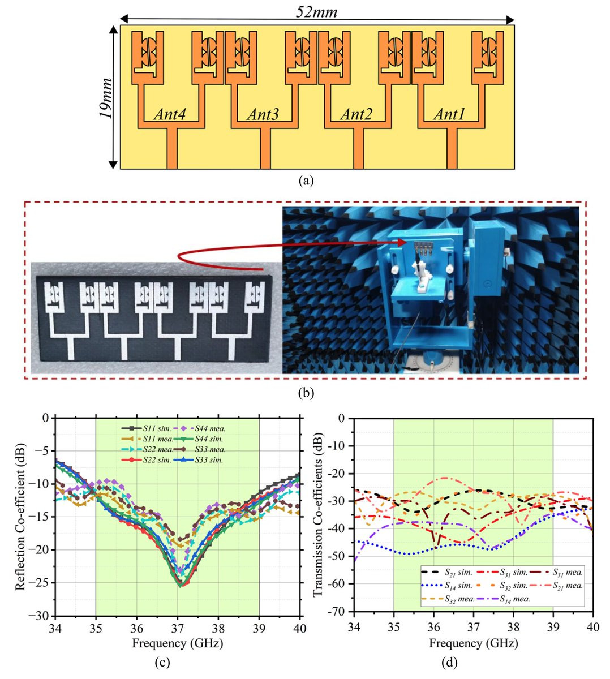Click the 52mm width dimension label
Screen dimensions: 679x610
click(x=316, y=11)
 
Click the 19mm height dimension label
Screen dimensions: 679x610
click(x=105, y=98)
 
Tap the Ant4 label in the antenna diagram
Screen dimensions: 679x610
click(x=170, y=114)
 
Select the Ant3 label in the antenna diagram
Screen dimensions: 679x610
click(x=263, y=114)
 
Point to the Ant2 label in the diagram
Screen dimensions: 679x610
click(x=356, y=114)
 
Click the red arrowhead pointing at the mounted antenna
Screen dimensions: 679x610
click(x=402, y=242)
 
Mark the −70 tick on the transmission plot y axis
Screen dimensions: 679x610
click(x=338, y=611)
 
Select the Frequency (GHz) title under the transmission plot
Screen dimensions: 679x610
click(x=474, y=643)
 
